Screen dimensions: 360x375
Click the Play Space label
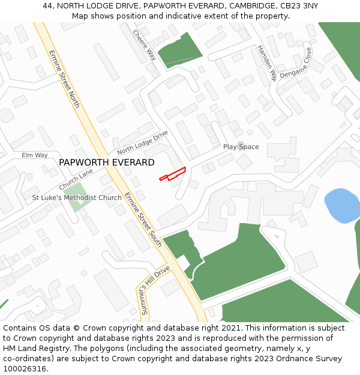click(x=241, y=147)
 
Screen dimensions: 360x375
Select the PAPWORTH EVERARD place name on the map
click(x=107, y=163)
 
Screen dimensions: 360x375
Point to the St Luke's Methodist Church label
click(x=77, y=197)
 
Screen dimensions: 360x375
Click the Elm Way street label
click(x=34, y=155)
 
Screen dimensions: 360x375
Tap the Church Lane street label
click(x=76, y=179)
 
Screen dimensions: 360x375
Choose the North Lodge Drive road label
click(x=142, y=142)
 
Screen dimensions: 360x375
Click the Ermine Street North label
click(x=64, y=79)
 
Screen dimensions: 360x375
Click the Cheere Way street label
click(x=145, y=45)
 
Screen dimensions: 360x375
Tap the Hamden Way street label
click(x=267, y=63)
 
